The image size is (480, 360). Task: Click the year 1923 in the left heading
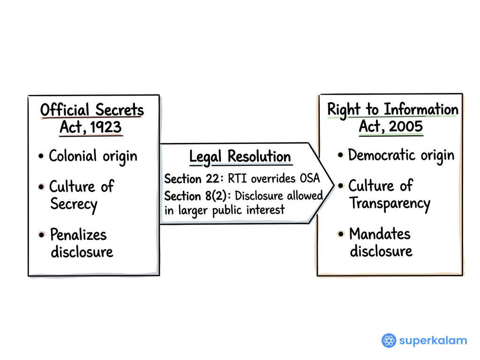(x=106, y=127)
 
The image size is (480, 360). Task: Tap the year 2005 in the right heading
(x=406, y=126)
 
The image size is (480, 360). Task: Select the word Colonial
(x=73, y=156)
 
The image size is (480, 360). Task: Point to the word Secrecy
(x=74, y=204)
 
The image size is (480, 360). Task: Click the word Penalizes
(x=78, y=234)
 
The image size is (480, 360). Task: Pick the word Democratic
(x=382, y=155)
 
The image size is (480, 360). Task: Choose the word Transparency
(x=390, y=203)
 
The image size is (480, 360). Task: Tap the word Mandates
(x=380, y=234)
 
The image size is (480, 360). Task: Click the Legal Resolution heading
(x=240, y=157)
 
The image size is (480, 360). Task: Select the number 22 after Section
(x=212, y=179)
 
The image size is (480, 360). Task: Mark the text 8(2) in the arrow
(x=216, y=196)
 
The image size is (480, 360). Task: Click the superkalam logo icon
(x=389, y=340)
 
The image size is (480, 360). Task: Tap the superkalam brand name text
(x=433, y=341)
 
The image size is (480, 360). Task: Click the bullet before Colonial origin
(x=41, y=156)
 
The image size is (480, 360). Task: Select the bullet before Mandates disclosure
(x=341, y=234)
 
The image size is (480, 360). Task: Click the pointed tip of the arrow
(x=334, y=185)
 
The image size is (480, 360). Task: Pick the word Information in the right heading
(x=421, y=109)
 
